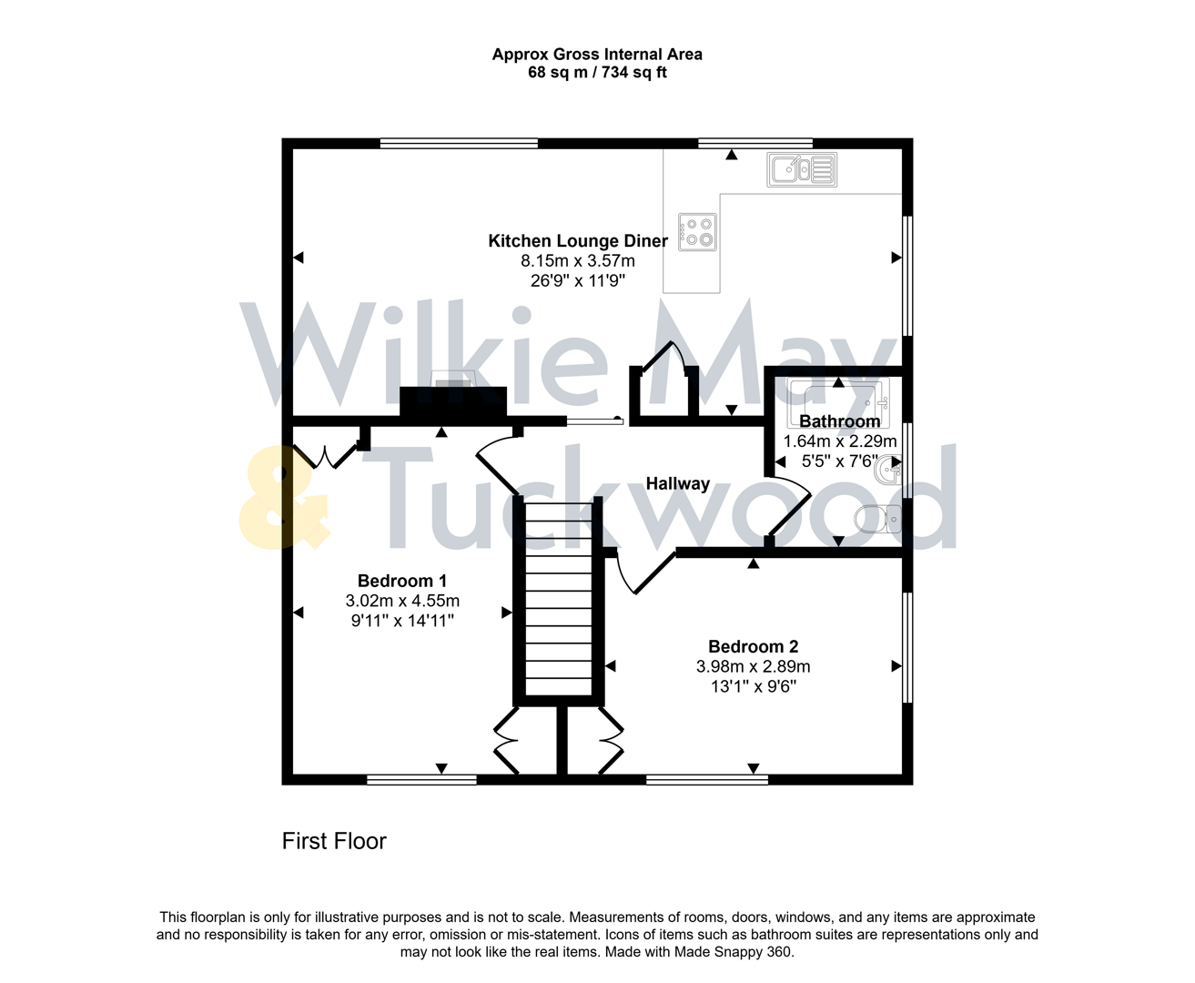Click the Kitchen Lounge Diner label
[578, 241]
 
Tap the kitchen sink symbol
[802, 170]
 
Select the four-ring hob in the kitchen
[698, 231]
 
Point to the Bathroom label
[839, 421]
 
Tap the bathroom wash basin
[887, 470]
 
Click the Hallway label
[677, 483]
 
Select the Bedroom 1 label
[402, 581]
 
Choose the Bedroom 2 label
[753, 646]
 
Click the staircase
[559, 601]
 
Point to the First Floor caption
[334, 841]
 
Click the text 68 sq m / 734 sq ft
[597, 73]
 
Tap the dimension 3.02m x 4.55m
[402, 601]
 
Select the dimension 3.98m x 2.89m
[753, 666]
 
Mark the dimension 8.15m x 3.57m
[578, 261]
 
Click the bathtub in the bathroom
[837, 398]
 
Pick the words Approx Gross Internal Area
[597, 55]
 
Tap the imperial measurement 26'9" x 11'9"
[578, 281]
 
